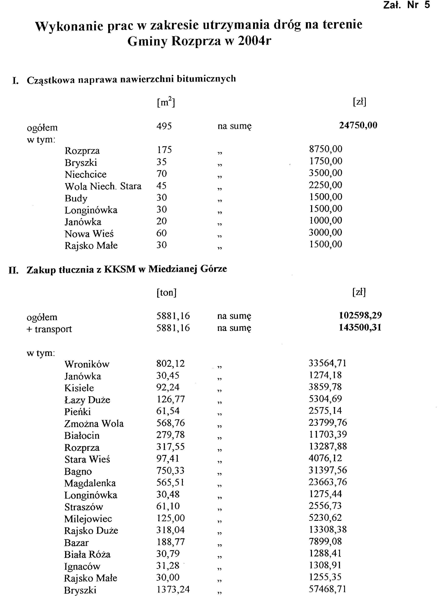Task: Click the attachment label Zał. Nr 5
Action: [x=407, y=5]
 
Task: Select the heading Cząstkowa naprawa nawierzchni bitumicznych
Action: [x=131, y=79]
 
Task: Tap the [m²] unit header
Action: [x=166, y=102]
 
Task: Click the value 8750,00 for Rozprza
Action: [x=326, y=149]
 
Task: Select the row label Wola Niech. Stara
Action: [x=103, y=186]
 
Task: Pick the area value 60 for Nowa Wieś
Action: [x=161, y=233]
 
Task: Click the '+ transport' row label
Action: [x=49, y=329]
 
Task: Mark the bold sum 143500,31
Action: [x=360, y=328]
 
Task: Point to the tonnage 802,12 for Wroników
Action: [x=171, y=364]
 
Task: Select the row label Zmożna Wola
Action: [x=94, y=424]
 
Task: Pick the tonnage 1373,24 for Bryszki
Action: [x=173, y=589]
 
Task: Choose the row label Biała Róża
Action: [x=87, y=554]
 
